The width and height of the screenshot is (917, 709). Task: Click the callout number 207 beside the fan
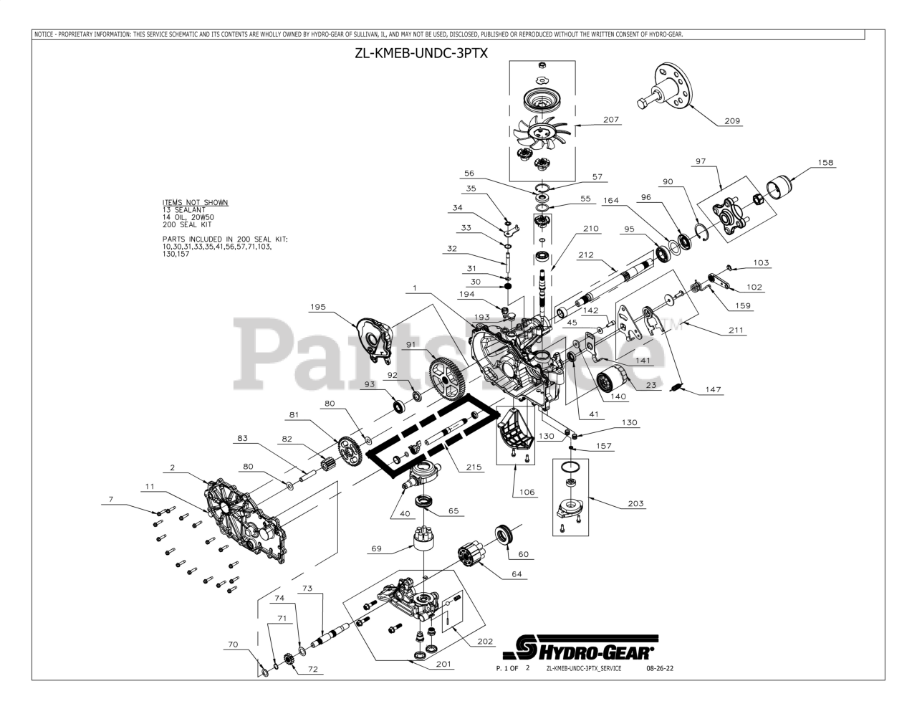point(611,120)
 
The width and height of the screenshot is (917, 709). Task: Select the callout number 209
point(731,120)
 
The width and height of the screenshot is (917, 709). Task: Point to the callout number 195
point(318,307)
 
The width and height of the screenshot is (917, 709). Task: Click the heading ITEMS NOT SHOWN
point(195,202)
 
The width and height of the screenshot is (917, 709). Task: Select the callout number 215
point(472,467)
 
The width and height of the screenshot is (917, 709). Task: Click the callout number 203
point(635,504)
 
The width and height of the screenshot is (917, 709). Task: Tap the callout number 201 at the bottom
point(443,664)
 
